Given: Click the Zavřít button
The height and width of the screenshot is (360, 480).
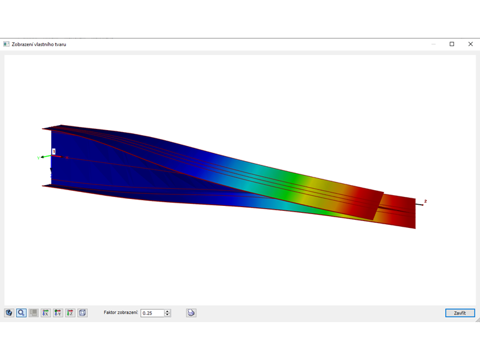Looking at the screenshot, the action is pyautogui.click(x=460, y=313).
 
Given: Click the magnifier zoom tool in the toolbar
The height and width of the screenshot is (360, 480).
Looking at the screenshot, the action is pyautogui.click(x=21, y=313).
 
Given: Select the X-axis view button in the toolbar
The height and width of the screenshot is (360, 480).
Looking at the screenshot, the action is pyautogui.click(x=45, y=313).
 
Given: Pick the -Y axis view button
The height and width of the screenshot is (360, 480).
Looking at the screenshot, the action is pyautogui.click(x=58, y=313).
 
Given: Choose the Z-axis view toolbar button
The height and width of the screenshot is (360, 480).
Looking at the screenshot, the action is pyautogui.click(x=70, y=313).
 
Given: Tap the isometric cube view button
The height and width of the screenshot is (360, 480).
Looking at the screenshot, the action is pyautogui.click(x=82, y=313).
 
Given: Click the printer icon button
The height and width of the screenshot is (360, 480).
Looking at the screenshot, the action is pyautogui.click(x=191, y=313).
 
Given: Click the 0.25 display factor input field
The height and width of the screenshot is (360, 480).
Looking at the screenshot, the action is pyautogui.click(x=152, y=313).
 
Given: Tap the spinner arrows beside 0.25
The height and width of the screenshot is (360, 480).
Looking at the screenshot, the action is pyautogui.click(x=167, y=313).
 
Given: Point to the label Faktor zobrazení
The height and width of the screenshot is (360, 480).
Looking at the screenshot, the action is pyautogui.click(x=121, y=313).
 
